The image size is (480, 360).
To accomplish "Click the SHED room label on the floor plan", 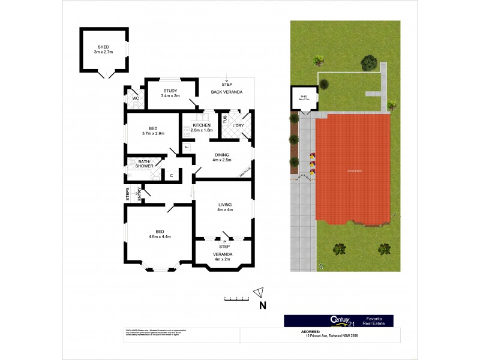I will point(104,46).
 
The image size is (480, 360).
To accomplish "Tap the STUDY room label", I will point(170,91).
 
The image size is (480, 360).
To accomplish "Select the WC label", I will point(136,98).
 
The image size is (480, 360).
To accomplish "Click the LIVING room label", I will point(224,204).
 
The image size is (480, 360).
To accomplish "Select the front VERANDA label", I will point(224,254).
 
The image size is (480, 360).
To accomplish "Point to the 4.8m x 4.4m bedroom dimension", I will point(160,236).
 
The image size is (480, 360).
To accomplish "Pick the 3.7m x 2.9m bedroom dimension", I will point(153,133).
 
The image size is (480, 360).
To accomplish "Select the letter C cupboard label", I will point(171,175).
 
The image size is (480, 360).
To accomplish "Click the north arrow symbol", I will point(259,293).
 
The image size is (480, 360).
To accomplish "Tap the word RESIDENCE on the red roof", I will point(355,172).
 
